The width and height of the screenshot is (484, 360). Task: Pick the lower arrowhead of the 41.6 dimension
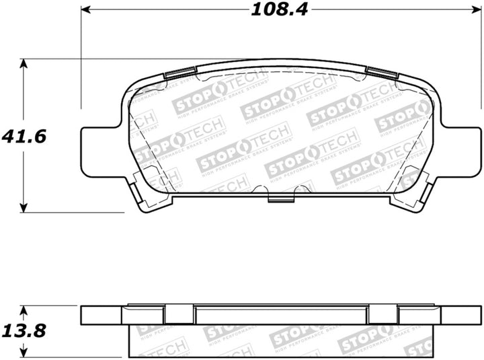(x=24, y=207)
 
